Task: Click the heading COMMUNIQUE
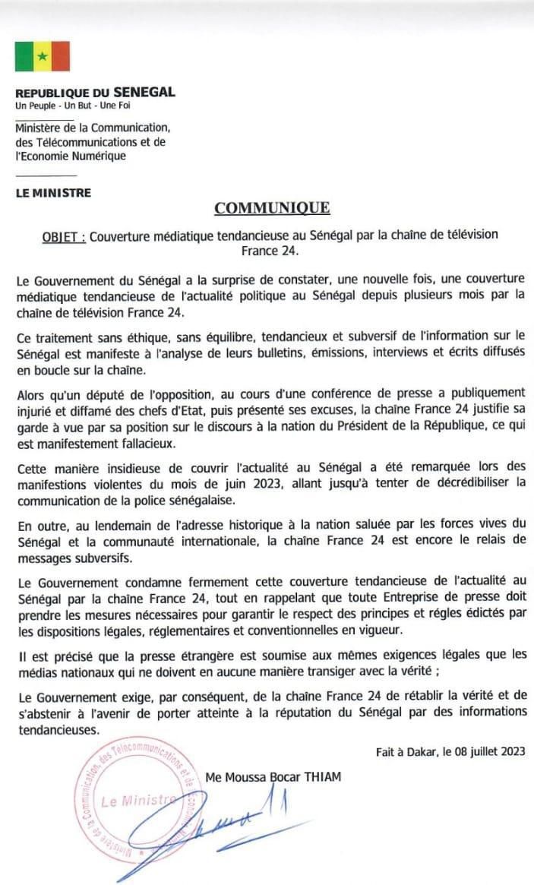click(x=271, y=208)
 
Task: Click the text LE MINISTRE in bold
click(x=53, y=193)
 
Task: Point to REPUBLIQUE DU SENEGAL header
click(x=95, y=93)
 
